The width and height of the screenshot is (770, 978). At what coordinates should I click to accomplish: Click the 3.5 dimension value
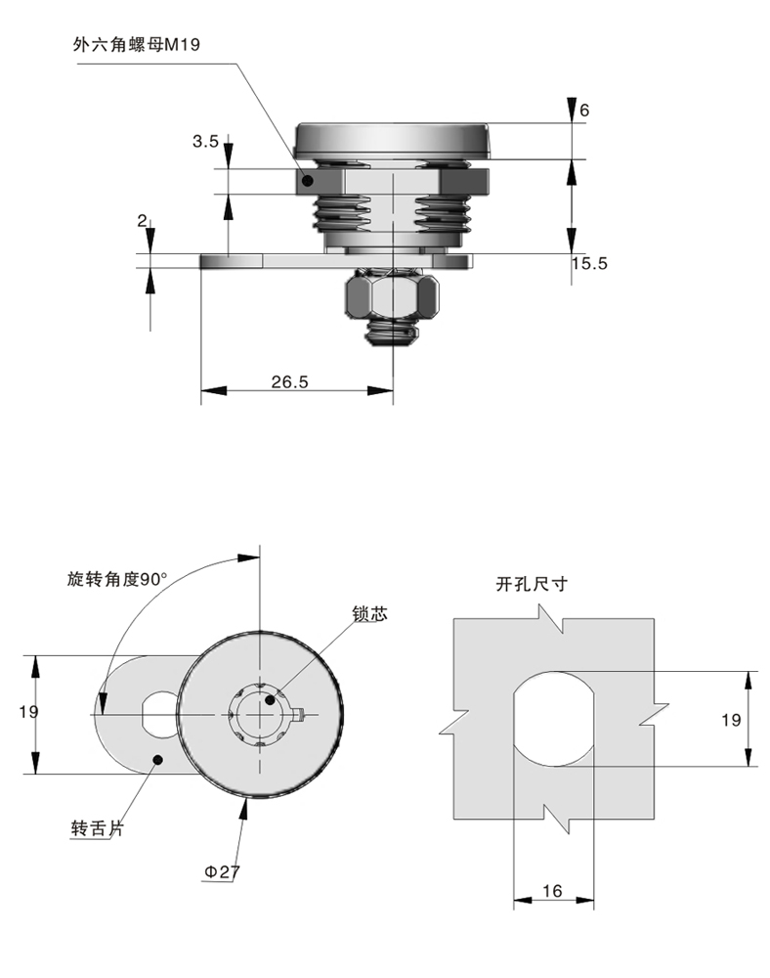205,142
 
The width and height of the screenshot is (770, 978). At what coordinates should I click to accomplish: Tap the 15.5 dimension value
589,263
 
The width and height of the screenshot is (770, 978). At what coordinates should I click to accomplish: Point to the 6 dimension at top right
584,111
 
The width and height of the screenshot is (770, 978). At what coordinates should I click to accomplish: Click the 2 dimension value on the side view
143,222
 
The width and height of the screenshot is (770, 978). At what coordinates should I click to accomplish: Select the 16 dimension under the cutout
552,891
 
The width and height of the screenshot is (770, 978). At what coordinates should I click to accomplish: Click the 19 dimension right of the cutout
731,720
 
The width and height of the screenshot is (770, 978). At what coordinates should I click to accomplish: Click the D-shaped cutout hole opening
554,719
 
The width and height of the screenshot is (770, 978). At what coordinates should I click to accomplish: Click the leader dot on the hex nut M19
307,181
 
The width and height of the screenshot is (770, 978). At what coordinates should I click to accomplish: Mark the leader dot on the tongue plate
157,758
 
